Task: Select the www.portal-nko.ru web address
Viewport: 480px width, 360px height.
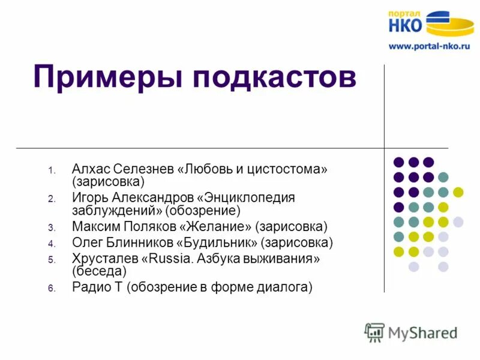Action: click(428, 46)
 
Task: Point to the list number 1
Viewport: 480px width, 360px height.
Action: click(52, 171)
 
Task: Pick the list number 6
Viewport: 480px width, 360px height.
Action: click(52, 289)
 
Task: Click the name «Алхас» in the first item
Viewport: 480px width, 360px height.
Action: click(90, 169)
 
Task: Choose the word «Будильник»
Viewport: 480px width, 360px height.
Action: click(217, 243)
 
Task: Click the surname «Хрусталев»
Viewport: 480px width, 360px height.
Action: click(104, 259)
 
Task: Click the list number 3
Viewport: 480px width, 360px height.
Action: click(52, 228)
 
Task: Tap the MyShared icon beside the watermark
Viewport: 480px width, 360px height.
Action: click(374, 332)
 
